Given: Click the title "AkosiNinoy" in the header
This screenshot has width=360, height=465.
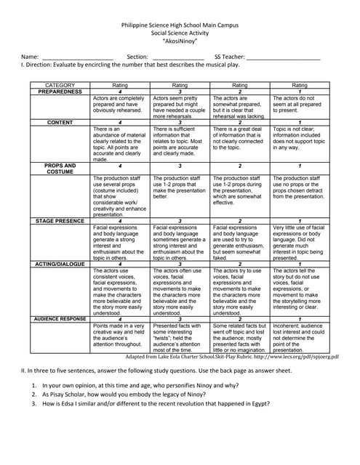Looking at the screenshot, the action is (179, 42).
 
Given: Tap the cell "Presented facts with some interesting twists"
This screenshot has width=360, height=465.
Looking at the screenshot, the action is (180, 339).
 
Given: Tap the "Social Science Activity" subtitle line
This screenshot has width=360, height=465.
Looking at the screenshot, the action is (179, 33).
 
